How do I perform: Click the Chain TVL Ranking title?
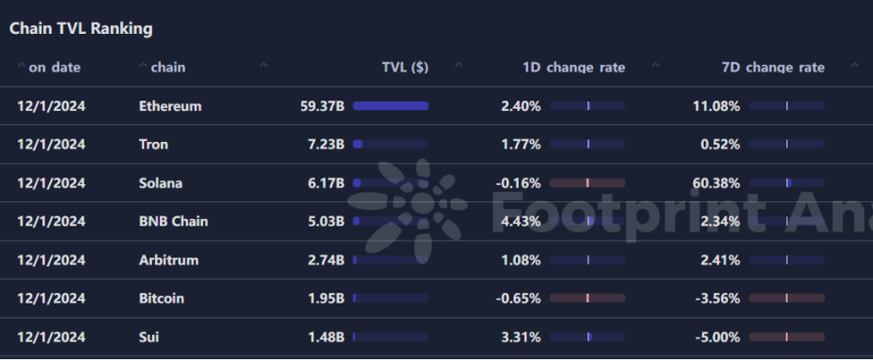(81, 28)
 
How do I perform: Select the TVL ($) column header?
(405, 68)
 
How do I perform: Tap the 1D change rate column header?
(573, 68)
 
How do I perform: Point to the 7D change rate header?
(772, 68)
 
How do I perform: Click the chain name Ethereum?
(170, 106)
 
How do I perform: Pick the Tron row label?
(154, 145)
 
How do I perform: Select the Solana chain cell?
(161, 182)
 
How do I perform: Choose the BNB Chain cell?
(174, 221)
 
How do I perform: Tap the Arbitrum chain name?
(169, 259)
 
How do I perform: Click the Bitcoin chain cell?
(162, 298)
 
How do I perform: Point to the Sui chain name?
(149, 337)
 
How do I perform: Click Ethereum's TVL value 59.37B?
(322, 106)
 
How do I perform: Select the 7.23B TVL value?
(326, 145)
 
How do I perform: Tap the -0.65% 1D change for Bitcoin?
(519, 298)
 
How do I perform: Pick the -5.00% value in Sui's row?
(718, 337)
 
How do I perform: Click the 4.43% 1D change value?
(522, 221)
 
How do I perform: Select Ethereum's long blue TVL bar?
(391, 106)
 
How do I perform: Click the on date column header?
(55, 68)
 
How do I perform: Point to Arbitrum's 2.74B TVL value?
(326, 259)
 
